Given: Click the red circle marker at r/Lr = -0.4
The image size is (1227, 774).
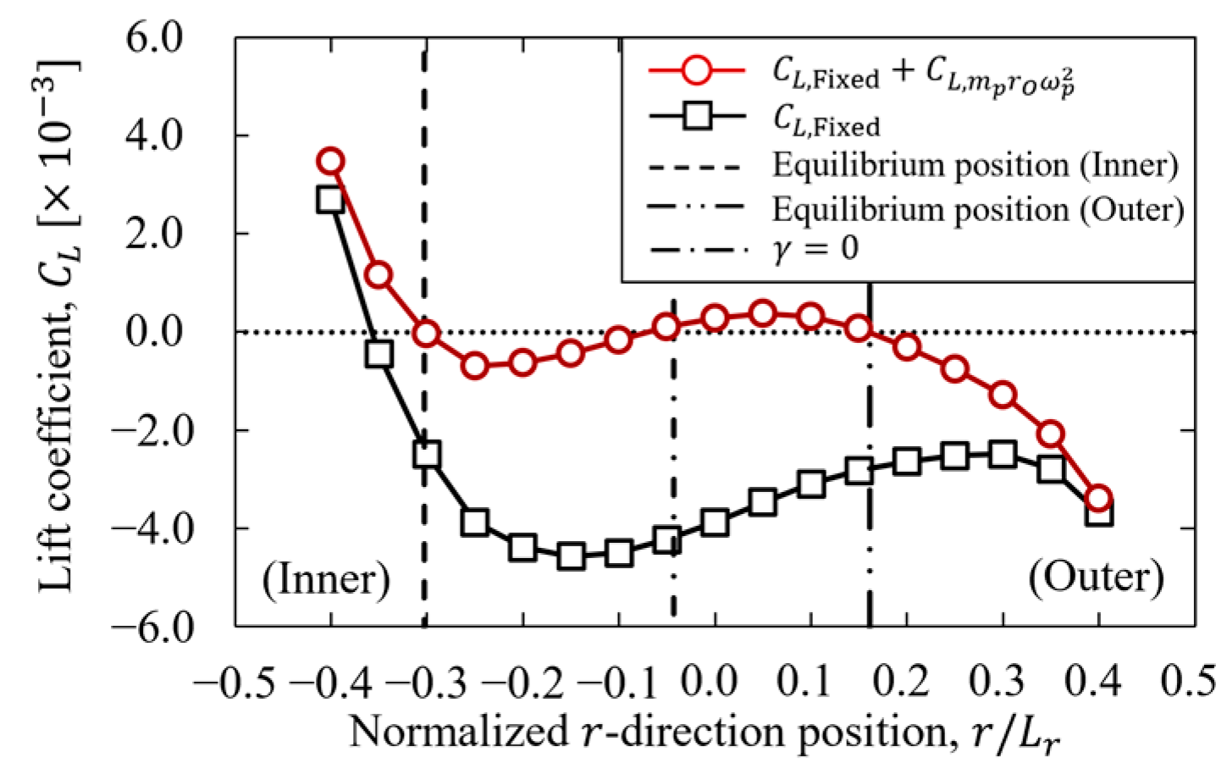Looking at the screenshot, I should (x=330, y=161).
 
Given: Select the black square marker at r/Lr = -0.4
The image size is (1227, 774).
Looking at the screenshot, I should (x=330, y=200).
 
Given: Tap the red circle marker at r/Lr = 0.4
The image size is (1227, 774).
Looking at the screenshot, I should (x=1098, y=498).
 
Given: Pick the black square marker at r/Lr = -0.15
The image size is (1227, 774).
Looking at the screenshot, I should (x=571, y=556).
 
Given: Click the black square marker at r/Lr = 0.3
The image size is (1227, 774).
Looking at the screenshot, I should (x=1003, y=455).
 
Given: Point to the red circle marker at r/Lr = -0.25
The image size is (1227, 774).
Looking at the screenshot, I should (x=475, y=366).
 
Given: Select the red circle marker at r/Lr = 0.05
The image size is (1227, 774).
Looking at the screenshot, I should (x=763, y=313).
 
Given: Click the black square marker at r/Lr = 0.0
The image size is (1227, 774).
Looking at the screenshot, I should (x=715, y=522).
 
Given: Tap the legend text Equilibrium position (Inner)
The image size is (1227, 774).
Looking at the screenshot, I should (x=975, y=165).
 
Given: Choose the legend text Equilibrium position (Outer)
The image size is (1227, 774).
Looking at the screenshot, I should (x=977, y=208).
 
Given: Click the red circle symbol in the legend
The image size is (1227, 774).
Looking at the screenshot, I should (x=696, y=70).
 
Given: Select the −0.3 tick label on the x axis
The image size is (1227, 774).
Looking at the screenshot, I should (x=428, y=681).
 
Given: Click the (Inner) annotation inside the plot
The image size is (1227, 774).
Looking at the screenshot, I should (x=326, y=580).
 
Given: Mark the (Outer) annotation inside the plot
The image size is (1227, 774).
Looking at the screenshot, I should (x=1096, y=578).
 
